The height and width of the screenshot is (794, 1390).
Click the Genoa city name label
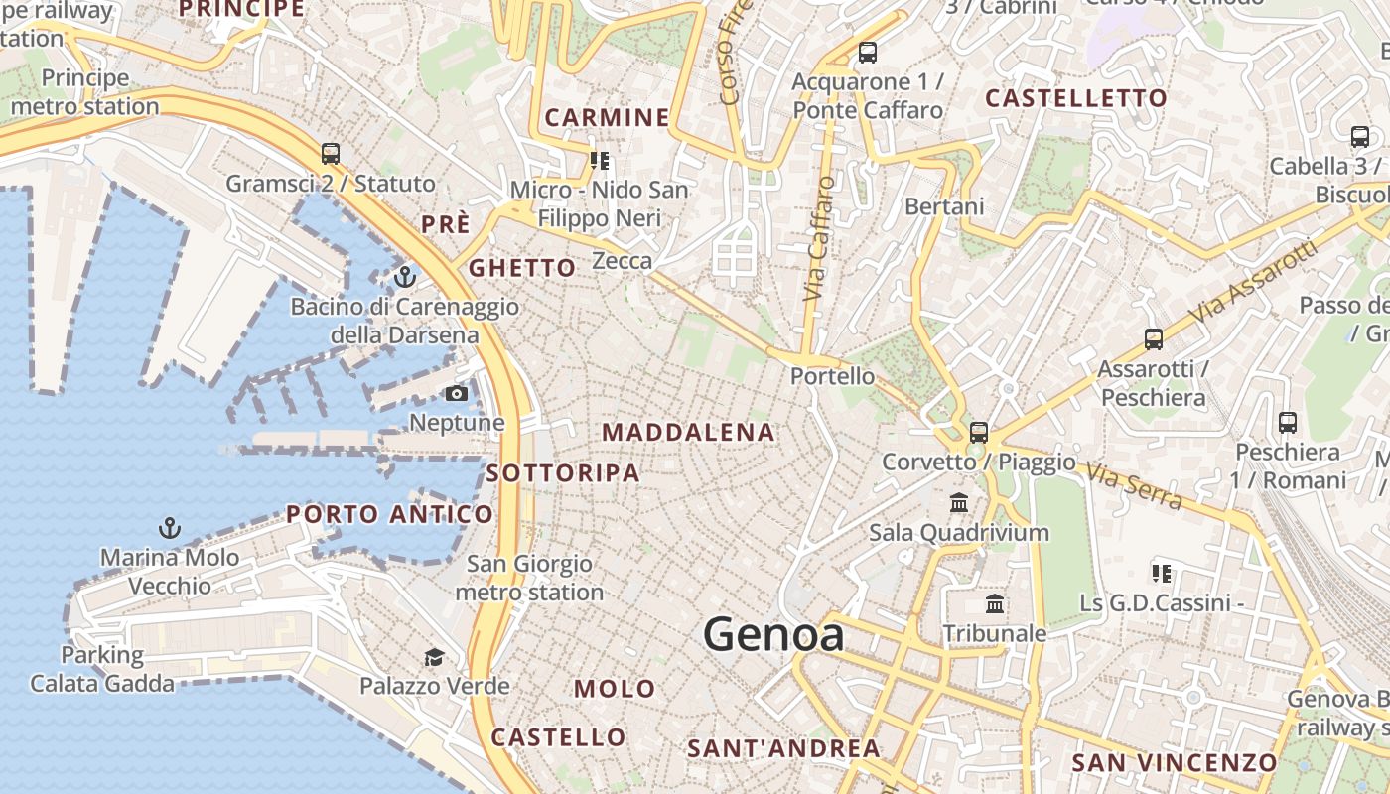(x=773, y=635)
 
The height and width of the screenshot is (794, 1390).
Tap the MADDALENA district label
(x=688, y=432)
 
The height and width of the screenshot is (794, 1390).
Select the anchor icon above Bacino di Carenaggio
(x=404, y=276)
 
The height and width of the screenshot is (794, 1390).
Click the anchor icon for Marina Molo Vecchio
(x=170, y=527)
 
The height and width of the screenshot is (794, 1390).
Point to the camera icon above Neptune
(x=456, y=393)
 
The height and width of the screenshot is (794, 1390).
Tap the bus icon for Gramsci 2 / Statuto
(x=331, y=154)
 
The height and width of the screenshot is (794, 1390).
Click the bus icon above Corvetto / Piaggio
(x=978, y=432)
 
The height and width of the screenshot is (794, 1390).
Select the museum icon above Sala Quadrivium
(x=959, y=503)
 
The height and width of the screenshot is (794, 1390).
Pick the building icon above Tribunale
(x=994, y=603)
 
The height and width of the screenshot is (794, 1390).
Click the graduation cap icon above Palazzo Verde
(x=434, y=657)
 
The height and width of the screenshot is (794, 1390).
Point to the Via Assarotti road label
(x=1257, y=282)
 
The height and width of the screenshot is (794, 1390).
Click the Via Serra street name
(x=1134, y=485)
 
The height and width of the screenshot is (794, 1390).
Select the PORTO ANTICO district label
(x=389, y=514)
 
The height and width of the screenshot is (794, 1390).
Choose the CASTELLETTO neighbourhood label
(x=1075, y=98)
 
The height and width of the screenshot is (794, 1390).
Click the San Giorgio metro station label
(x=529, y=578)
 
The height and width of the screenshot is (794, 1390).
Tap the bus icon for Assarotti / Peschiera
(x=1153, y=339)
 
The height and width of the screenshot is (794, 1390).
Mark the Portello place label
(x=832, y=376)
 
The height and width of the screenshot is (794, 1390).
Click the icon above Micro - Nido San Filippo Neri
(x=600, y=160)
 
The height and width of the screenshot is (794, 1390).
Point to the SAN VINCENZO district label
(x=1174, y=762)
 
